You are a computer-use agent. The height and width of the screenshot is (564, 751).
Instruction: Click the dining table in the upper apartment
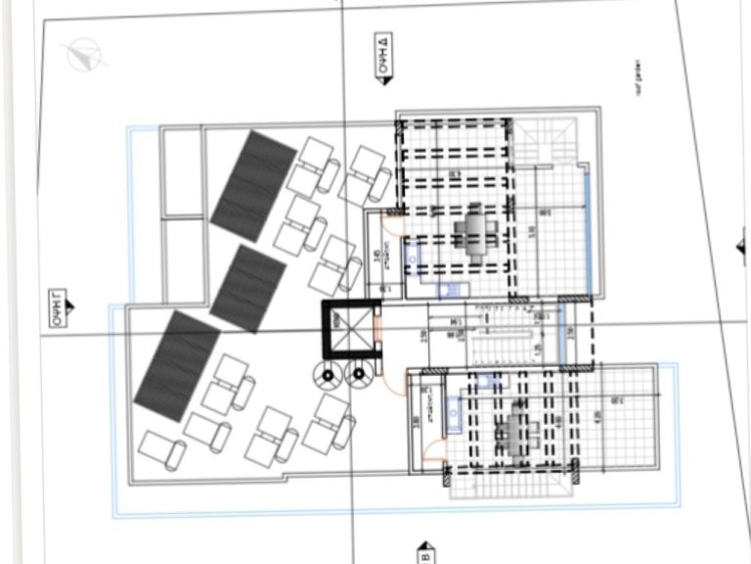(474, 232)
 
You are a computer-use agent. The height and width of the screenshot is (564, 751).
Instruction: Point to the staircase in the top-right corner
(549, 147)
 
